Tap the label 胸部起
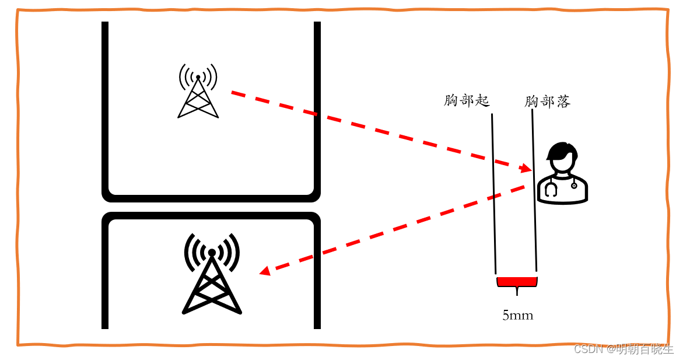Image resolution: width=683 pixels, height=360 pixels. coord(467,101)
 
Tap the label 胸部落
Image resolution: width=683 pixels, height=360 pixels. coord(547,102)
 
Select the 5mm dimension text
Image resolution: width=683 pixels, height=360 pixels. coord(517,316)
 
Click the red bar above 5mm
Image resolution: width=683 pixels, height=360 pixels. coord(517,282)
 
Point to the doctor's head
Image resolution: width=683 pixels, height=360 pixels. coord(561,156)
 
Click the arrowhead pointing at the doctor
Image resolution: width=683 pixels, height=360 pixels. coord(527,168)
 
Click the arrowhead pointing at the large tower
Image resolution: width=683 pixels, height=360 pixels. coord(265,271)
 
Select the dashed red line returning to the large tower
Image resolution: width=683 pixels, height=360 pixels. coord(397,227)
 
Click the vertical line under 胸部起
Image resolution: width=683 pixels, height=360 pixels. coord(493,193)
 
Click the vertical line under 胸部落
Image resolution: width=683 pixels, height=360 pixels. coord(534,193)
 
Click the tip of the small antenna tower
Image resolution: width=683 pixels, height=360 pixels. coord(198,77)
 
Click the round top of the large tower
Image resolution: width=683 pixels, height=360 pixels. coord(212,253)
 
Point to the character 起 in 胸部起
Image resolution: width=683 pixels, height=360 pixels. coord(482,101)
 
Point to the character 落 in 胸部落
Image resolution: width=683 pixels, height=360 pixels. coord(563,102)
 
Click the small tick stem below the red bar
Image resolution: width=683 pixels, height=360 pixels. coord(517,291)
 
